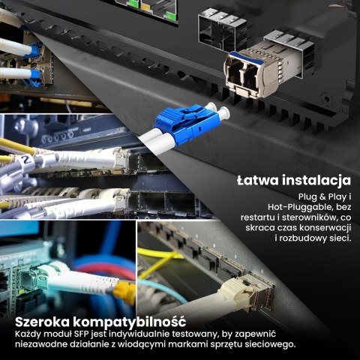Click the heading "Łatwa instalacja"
pyautogui.click(x=293, y=181)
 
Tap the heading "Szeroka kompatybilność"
pyautogui.click(x=100, y=321)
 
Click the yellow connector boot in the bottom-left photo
pyautogui.click(x=125, y=292)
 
